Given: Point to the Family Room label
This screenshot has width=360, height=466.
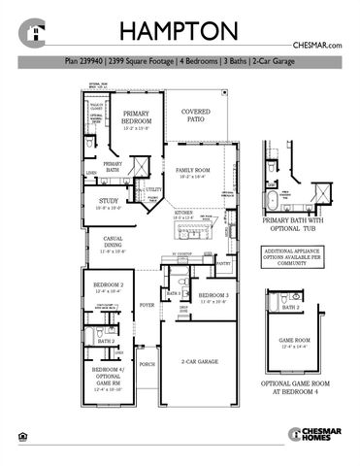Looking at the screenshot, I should [193, 173].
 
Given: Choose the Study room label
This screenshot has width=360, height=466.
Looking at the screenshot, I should [107, 203].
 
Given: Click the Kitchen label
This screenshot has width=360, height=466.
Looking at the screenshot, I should [185, 215].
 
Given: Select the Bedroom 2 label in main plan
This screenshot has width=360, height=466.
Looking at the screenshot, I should [107, 285].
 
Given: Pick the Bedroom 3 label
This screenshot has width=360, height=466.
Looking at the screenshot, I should [213, 296].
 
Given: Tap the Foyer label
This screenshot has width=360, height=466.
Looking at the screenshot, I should [147, 304].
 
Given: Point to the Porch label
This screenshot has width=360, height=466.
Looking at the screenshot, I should [147, 364].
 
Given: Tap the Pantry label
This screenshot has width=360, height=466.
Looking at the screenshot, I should [224, 263].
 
